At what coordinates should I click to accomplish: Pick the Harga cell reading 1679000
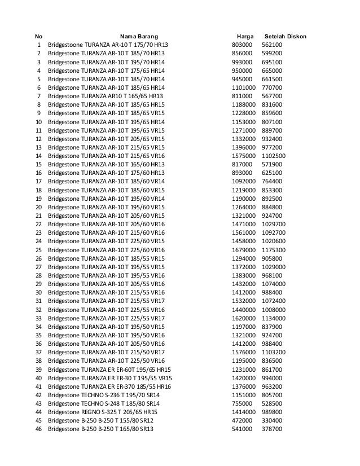[245, 250]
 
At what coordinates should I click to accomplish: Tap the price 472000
[243, 420]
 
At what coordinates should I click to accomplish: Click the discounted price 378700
[273, 429]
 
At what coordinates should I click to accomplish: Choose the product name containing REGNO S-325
[103, 412]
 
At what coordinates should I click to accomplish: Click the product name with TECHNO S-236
[104, 394]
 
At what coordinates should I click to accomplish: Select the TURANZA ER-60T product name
[108, 368]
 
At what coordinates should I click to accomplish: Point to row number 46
[38, 429]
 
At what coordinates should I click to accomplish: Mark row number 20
[38, 207]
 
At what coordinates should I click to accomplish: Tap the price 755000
[243, 403]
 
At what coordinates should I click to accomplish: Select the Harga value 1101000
[245, 87]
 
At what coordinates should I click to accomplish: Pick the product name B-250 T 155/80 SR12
[101, 420]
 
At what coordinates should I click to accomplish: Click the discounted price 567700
[273, 96]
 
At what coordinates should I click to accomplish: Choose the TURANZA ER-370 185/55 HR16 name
[110, 386]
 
